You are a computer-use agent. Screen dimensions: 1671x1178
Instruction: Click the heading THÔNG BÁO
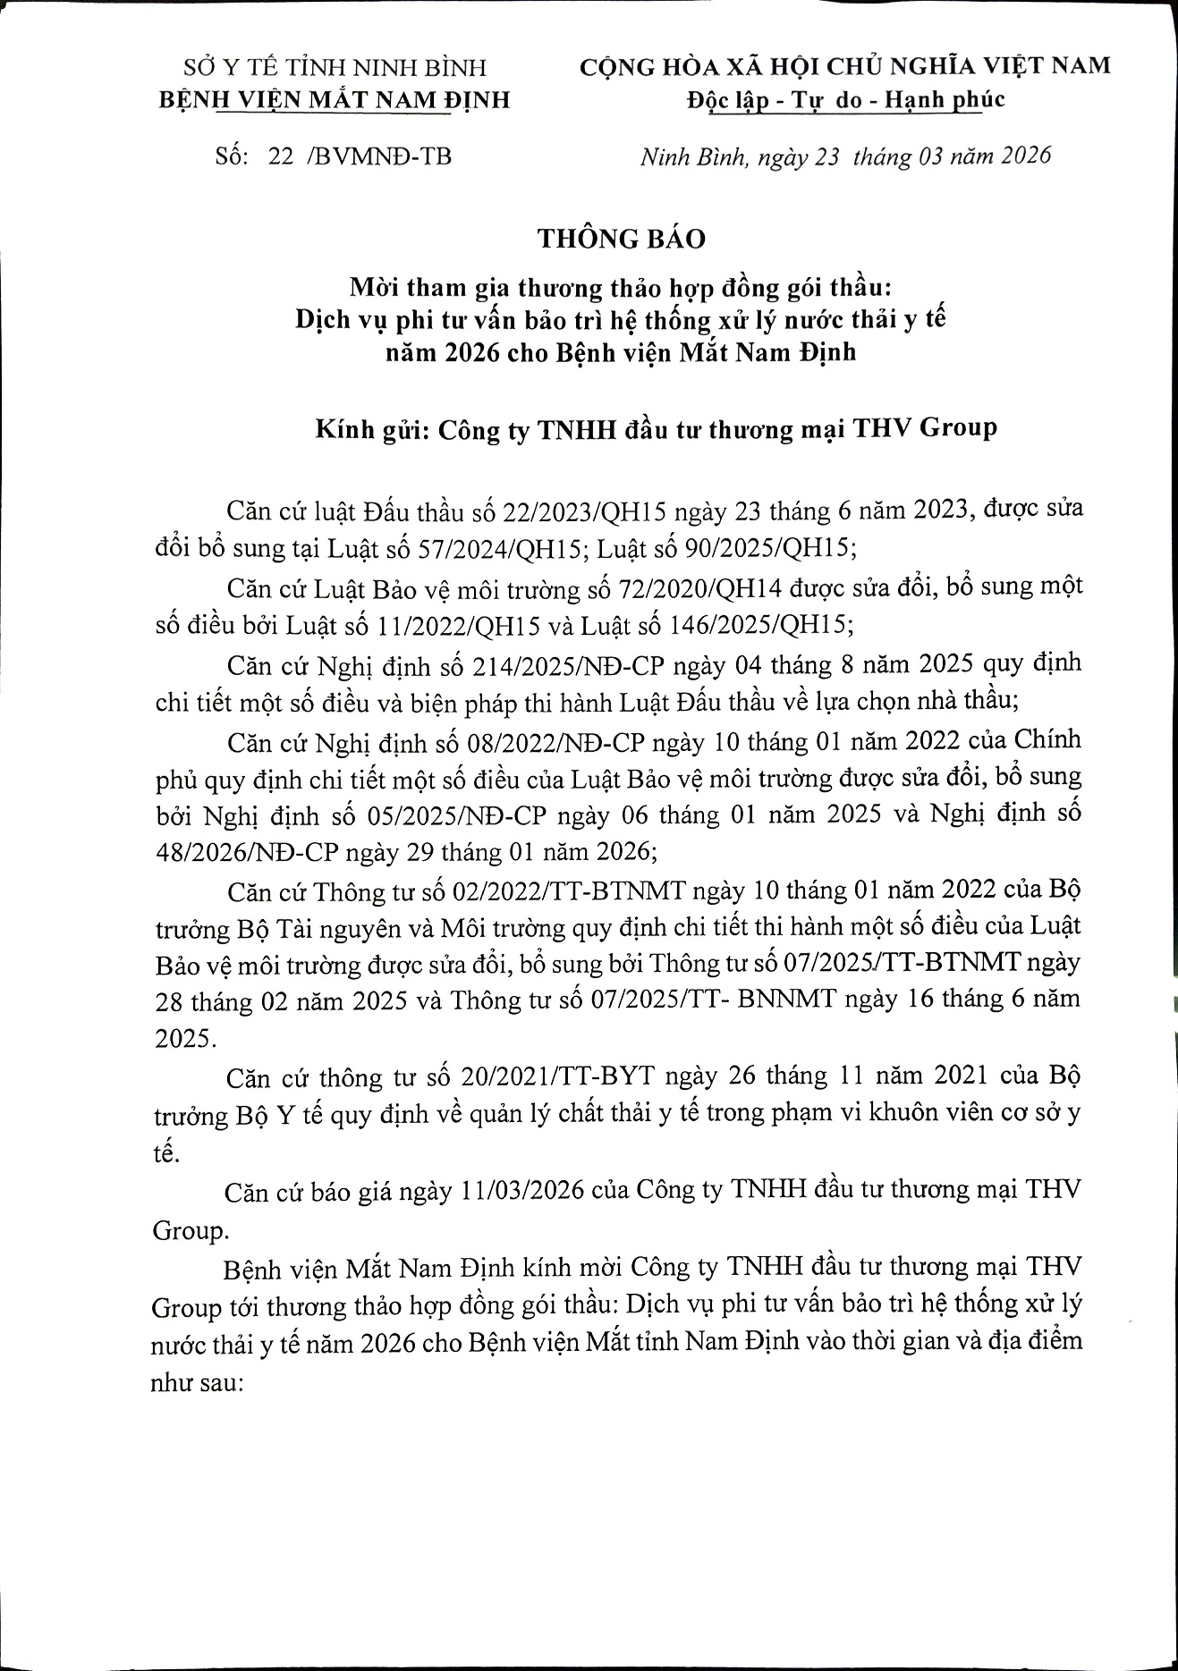click(622, 239)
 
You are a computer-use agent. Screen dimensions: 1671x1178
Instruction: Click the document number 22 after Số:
click(280, 156)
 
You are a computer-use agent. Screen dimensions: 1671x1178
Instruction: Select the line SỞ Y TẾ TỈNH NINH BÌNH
click(335, 68)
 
